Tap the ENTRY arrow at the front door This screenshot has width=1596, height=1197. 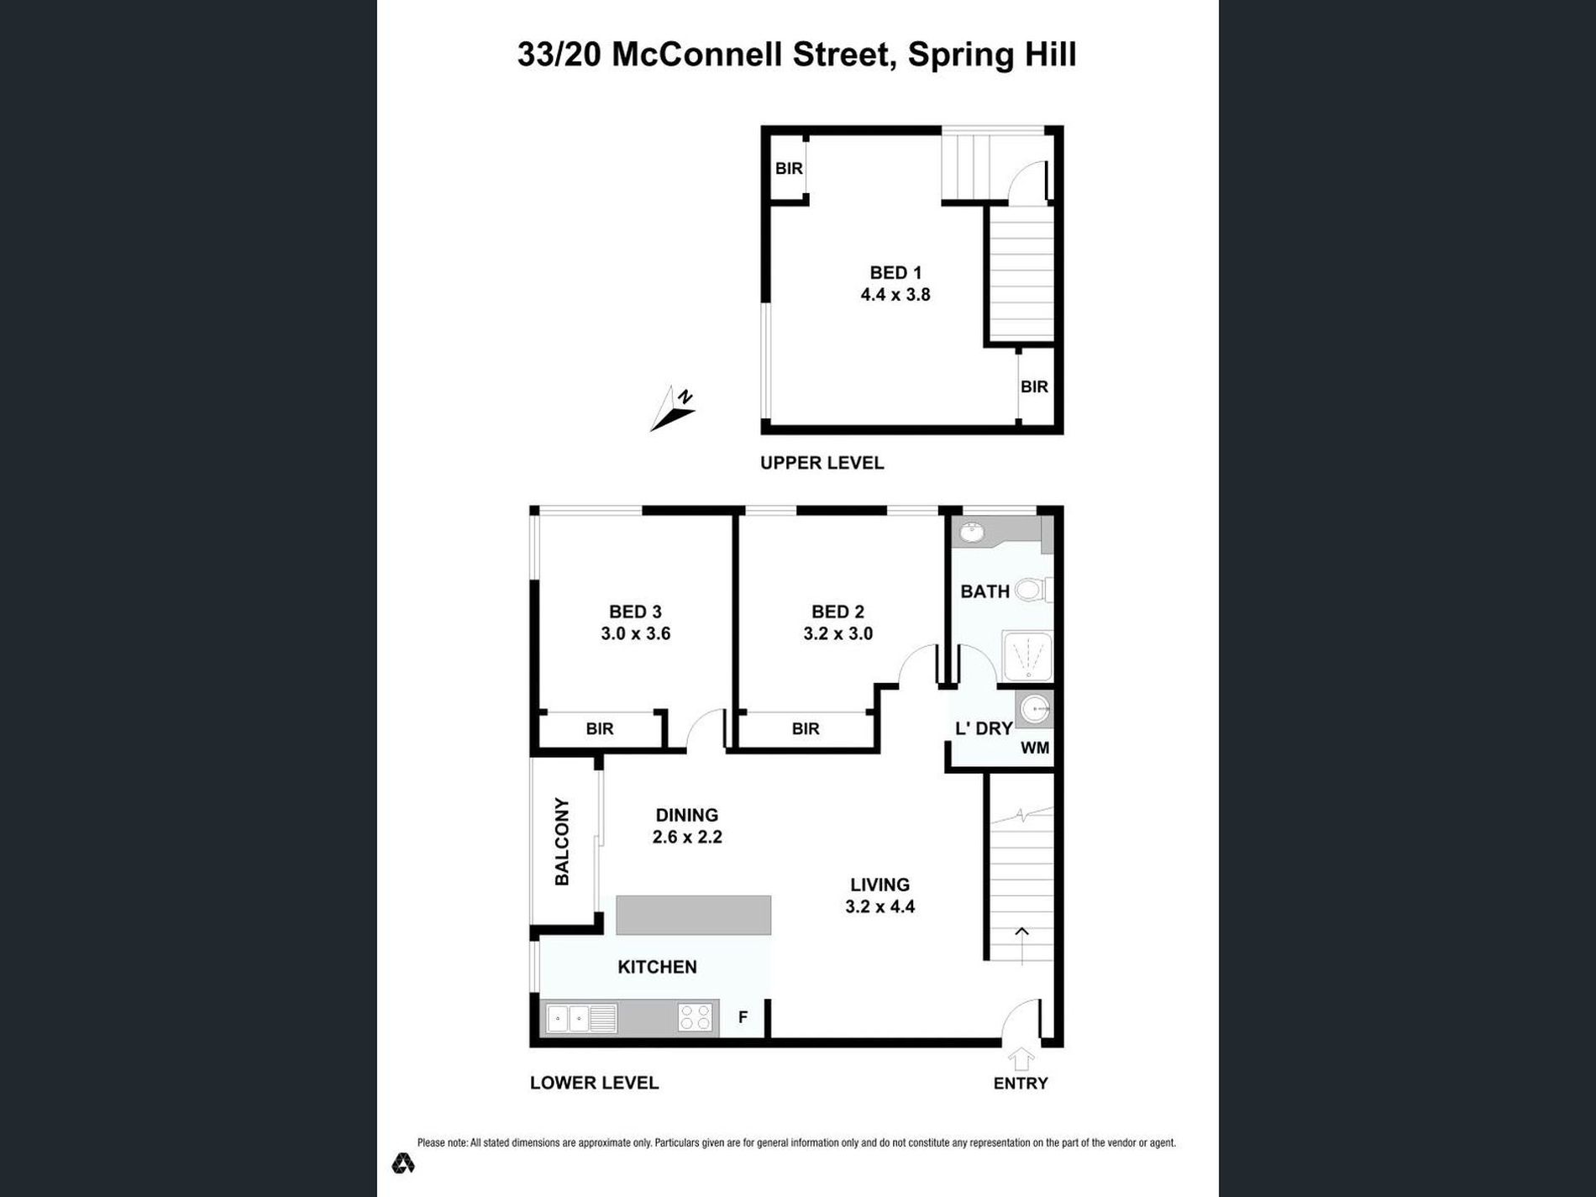click(1021, 1059)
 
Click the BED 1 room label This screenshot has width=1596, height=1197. click(895, 273)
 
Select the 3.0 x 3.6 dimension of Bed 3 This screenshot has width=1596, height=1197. click(635, 634)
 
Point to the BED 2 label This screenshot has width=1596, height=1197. click(837, 612)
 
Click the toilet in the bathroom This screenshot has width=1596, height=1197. click(1032, 590)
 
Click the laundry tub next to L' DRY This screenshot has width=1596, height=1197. click(1034, 710)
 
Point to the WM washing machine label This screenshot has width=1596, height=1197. click(1035, 748)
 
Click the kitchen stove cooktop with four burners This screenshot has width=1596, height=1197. click(696, 1018)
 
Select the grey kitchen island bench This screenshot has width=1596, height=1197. click(693, 915)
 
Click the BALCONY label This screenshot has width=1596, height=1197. click(562, 841)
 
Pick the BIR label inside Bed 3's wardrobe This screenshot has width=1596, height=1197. click(600, 729)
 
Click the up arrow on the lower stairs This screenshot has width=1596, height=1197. click(1021, 932)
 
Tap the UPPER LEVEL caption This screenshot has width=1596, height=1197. click(822, 463)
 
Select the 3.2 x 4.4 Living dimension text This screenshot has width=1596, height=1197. click(879, 907)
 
